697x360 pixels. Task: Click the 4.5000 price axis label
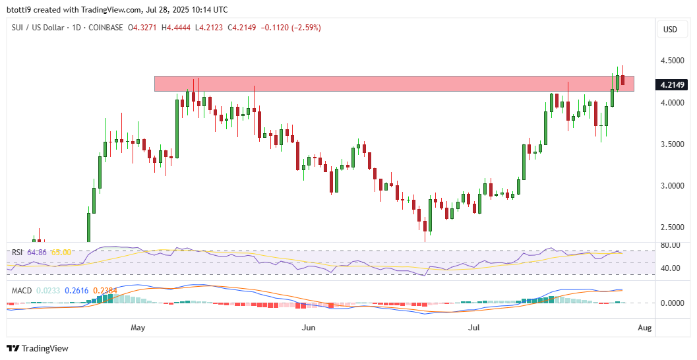(671, 61)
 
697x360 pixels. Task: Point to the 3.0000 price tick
(671, 186)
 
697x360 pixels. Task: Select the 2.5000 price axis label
(671, 227)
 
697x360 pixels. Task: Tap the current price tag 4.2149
(671, 84)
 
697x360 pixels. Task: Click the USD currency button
(671, 30)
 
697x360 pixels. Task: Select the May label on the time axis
(137, 327)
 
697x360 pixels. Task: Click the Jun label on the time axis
(308, 327)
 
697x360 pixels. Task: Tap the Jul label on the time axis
(475, 327)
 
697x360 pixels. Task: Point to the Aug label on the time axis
(646, 327)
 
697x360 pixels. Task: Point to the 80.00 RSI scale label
(671, 245)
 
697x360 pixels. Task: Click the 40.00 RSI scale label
(671, 268)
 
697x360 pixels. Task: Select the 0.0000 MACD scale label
(671, 303)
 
